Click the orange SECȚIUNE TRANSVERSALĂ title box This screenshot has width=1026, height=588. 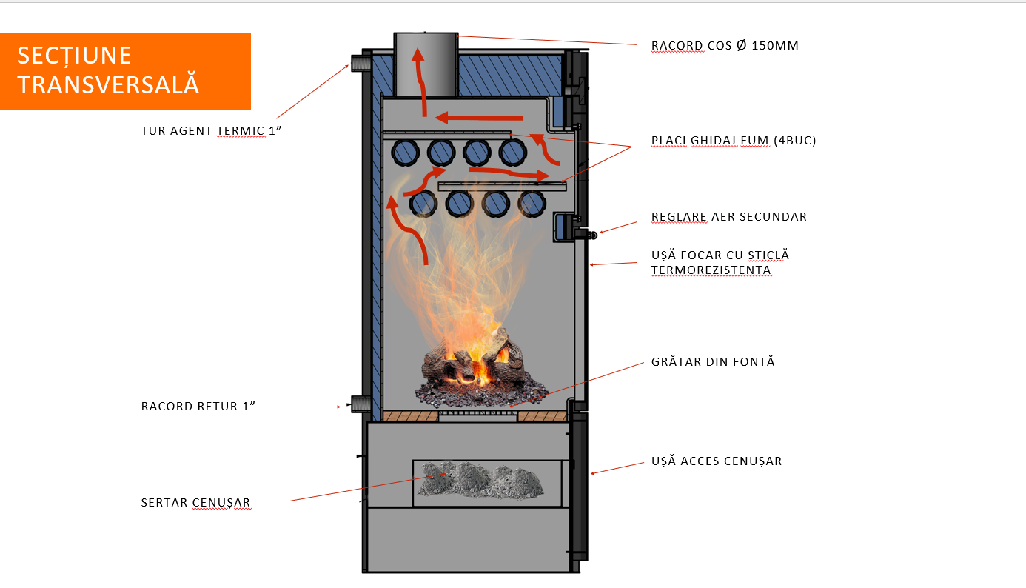point(125,70)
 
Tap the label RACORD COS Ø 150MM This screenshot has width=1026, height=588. point(725,46)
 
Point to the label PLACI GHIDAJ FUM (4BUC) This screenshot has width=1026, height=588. point(734,141)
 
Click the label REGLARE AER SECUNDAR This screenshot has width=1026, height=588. point(728,217)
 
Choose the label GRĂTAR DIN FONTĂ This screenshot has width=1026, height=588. point(713,362)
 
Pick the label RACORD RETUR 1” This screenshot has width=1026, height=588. point(198,407)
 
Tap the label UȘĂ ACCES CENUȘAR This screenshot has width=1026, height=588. point(717,461)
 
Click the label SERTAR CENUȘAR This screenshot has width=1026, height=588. point(195,504)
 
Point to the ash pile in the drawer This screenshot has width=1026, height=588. point(480,480)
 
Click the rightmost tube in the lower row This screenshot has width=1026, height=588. point(532,202)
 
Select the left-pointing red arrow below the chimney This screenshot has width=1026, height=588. point(480,118)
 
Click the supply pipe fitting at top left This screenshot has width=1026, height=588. point(361,63)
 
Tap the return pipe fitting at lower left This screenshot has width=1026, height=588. point(361,404)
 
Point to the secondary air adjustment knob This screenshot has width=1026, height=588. point(591,235)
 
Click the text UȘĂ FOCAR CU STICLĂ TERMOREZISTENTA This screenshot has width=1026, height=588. point(720,263)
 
